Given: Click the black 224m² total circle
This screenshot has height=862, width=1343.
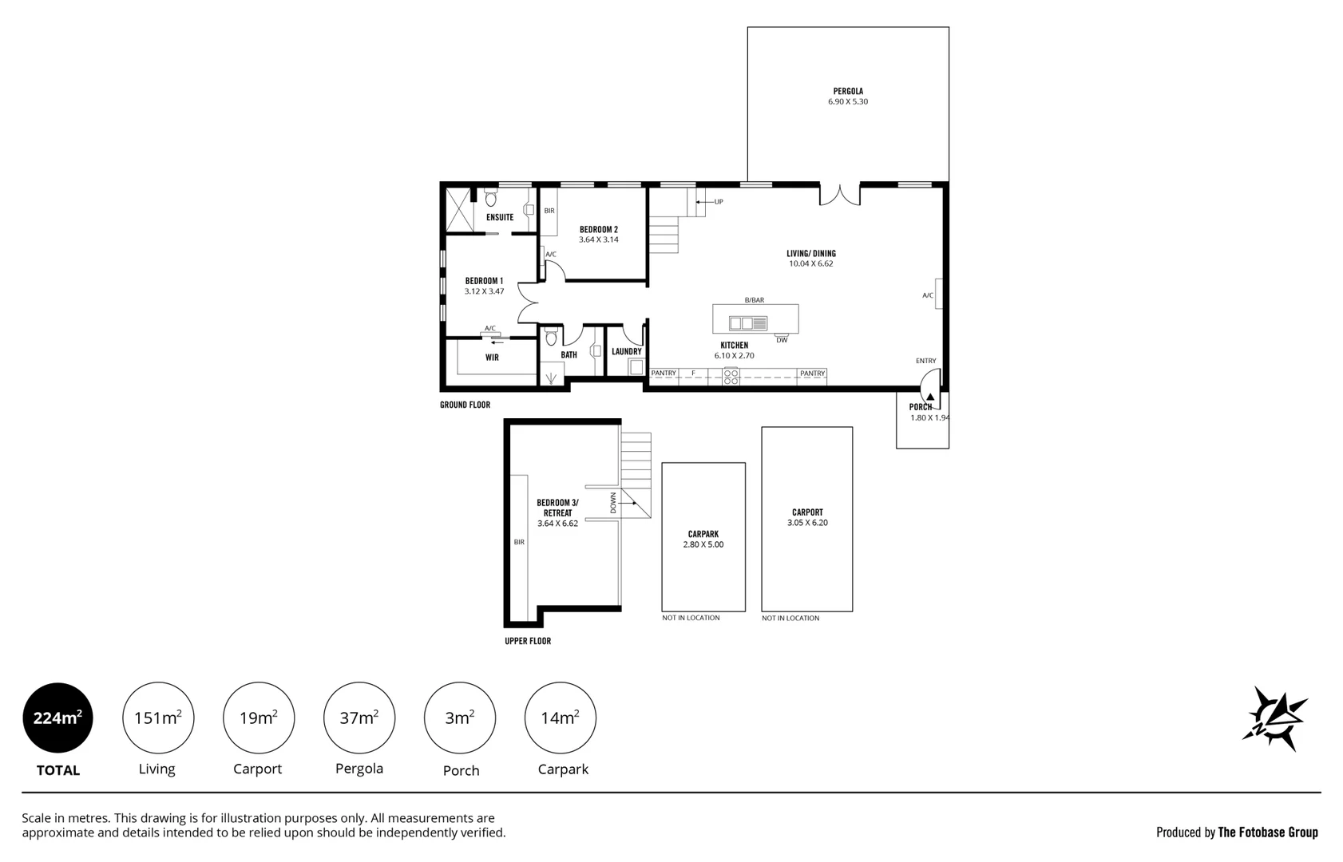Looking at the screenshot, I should pyautogui.click(x=57, y=718).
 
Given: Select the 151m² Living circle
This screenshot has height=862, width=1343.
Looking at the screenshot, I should pyautogui.click(x=157, y=718).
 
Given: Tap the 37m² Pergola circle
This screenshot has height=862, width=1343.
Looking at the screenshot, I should pyautogui.click(x=359, y=718).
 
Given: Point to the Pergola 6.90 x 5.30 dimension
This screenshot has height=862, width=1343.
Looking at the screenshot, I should pyautogui.click(x=848, y=102).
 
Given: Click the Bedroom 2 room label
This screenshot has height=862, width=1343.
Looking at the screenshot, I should pyautogui.click(x=599, y=229).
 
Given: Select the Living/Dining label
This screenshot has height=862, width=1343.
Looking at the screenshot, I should pyautogui.click(x=811, y=254).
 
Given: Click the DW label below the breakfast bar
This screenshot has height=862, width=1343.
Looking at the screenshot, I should pyautogui.click(x=782, y=341).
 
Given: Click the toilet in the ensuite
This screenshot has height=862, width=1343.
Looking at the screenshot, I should pyautogui.click(x=490, y=197).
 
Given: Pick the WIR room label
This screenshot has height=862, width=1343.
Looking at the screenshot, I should pyautogui.click(x=492, y=358).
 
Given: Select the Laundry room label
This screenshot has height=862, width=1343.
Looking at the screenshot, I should pyautogui.click(x=627, y=351).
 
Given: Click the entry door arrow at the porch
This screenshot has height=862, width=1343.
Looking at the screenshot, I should pyautogui.click(x=930, y=397).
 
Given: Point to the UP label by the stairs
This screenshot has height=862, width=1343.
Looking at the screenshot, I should pyautogui.click(x=719, y=202).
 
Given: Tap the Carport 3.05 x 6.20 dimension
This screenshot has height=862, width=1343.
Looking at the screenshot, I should pyautogui.click(x=807, y=523).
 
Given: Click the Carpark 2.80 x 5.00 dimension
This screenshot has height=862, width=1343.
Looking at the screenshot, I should pyautogui.click(x=703, y=544).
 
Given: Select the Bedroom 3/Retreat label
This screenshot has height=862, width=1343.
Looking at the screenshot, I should pyautogui.click(x=557, y=508).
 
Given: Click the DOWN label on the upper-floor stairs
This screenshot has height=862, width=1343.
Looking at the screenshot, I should pyautogui.click(x=613, y=502).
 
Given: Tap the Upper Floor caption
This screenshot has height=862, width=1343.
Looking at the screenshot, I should pyautogui.click(x=528, y=641).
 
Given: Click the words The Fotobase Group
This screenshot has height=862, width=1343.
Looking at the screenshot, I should pyautogui.click(x=1267, y=832).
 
